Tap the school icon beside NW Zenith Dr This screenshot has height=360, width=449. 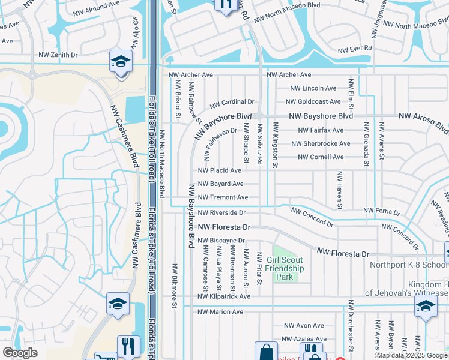[121, 62]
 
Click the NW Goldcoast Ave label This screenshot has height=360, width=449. [313, 102]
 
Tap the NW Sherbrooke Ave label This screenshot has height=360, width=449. [321, 143]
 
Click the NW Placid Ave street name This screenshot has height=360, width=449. [220, 170]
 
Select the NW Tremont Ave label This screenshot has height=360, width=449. [223, 197]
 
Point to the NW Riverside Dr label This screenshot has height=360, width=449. [221, 212]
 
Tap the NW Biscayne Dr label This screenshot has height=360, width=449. [221, 241]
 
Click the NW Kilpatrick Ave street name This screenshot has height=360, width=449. [224, 296]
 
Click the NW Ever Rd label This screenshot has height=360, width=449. [355, 49]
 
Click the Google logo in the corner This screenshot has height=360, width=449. [20, 353]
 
